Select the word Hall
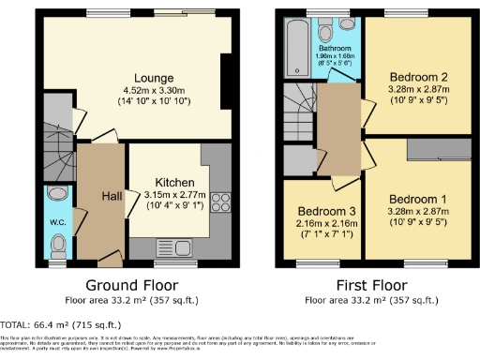(112, 196)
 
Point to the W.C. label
(56, 222)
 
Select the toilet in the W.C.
(57, 245)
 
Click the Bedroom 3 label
(321, 211)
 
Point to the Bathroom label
(334, 47)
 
